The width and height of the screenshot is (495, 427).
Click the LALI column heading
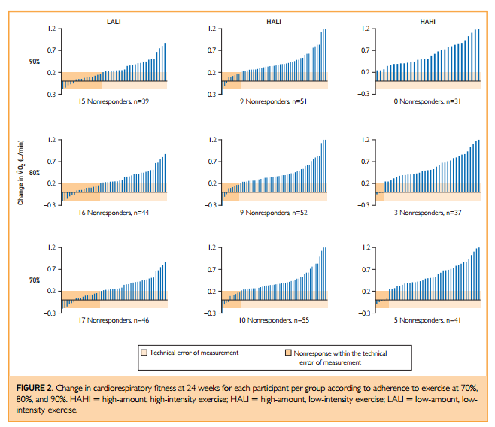click(114, 22)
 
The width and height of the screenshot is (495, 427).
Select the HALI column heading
click(274, 22)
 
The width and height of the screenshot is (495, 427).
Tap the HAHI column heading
click(427, 22)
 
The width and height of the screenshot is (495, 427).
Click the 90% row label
click(35, 62)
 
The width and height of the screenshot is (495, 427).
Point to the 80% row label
click(35, 172)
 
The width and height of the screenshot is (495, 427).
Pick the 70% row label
click(35, 280)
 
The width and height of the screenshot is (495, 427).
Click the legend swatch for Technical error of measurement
click(144, 352)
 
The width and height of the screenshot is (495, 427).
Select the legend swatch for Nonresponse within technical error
click(289, 352)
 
